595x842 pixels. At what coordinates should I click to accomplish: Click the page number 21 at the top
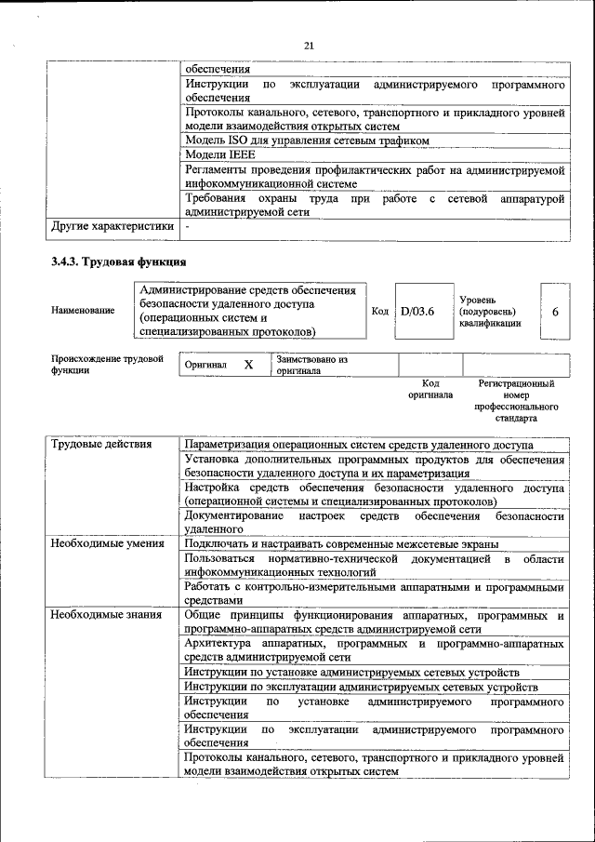[x=310, y=45]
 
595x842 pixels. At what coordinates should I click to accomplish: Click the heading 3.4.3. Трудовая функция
[x=119, y=262]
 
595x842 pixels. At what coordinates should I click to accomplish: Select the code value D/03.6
[x=417, y=311]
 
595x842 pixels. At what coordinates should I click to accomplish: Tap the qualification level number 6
[x=555, y=312]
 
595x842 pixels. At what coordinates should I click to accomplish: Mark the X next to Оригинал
[x=248, y=366]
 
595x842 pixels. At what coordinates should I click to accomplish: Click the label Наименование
[x=84, y=311]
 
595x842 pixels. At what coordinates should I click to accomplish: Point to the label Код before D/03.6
[x=379, y=311]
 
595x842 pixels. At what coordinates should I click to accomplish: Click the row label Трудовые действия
[x=101, y=445]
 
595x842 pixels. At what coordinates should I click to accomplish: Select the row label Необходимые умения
[x=108, y=543]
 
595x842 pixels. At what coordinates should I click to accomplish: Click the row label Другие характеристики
[x=112, y=225]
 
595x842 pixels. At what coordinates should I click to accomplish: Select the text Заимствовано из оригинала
[x=311, y=364]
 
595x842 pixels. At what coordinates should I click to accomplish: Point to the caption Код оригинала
[x=430, y=389]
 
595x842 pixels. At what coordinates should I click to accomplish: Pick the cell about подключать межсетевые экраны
[x=341, y=543]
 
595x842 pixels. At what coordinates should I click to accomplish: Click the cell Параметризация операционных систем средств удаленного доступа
[x=359, y=445]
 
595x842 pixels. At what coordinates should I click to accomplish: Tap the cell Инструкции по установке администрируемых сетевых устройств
[x=351, y=672]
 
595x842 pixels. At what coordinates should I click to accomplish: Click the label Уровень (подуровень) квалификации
[x=490, y=312]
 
